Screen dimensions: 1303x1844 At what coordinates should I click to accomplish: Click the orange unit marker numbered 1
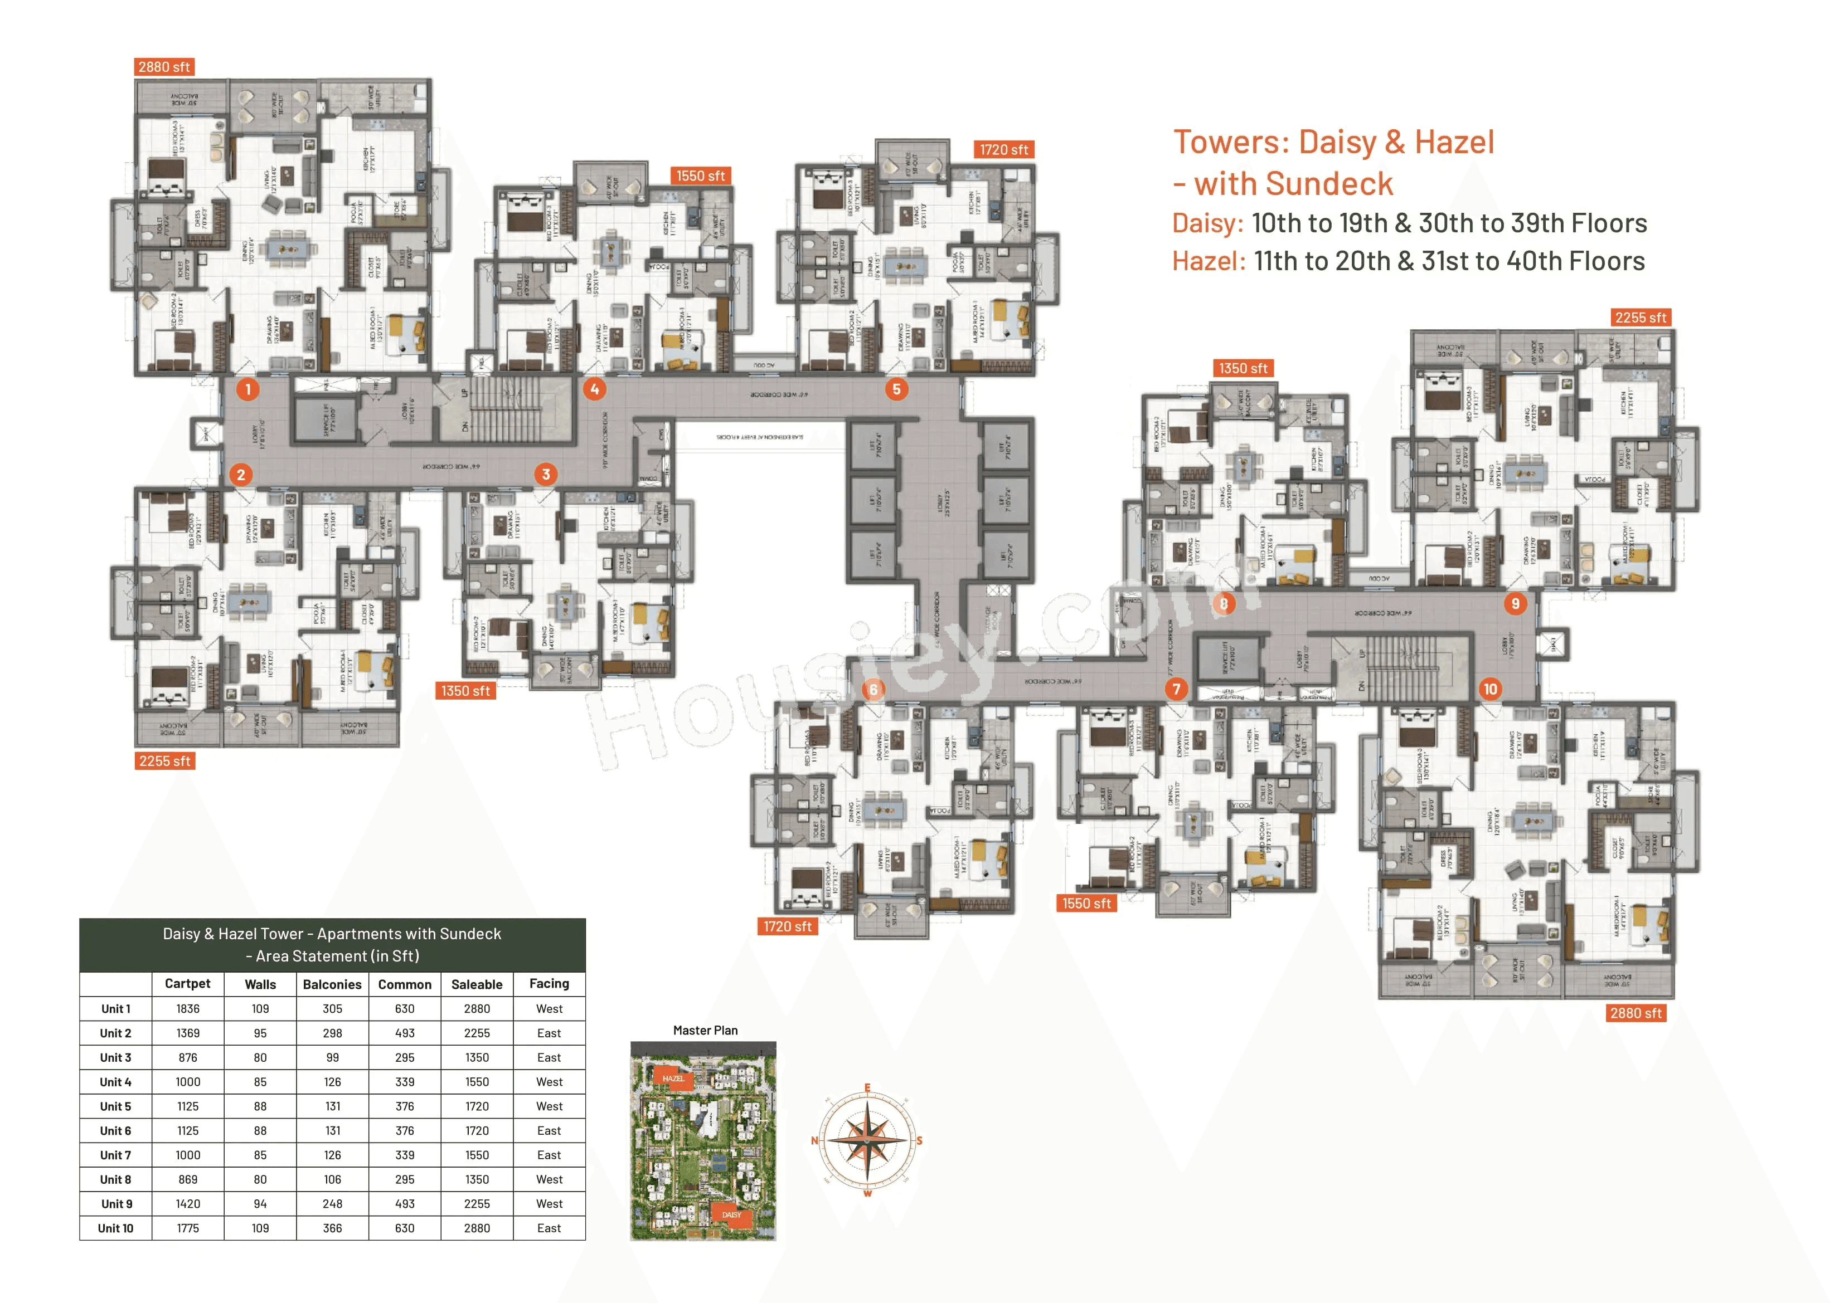point(248,389)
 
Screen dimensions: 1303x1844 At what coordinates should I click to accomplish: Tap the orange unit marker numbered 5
point(896,389)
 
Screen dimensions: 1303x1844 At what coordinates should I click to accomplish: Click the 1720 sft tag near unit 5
point(1003,150)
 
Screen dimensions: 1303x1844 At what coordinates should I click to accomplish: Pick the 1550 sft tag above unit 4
point(700,176)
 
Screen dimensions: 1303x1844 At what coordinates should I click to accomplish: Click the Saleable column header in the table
point(477,984)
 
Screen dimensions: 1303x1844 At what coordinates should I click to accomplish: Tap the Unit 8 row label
point(115,1179)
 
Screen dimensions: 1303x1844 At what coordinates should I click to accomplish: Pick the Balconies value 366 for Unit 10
point(332,1228)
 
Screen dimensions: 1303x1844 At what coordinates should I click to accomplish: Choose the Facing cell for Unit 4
point(549,1082)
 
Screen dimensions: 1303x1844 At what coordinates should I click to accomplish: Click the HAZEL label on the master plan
point(673,1078)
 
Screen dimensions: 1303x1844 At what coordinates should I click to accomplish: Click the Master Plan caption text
point(705,1031)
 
